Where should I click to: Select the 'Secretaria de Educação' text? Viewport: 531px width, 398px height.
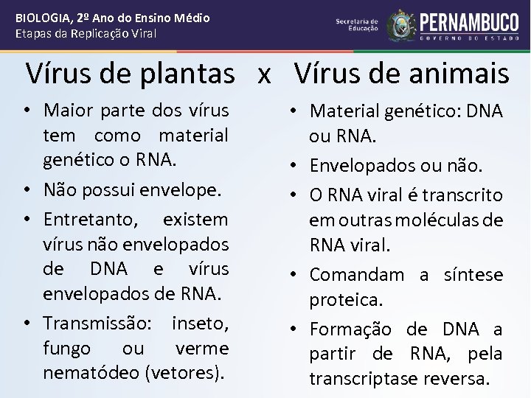[356, 25]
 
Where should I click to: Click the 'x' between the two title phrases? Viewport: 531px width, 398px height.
[264, 74]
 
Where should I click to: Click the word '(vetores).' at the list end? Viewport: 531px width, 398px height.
[186, 373]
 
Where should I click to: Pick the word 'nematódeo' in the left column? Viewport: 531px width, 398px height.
[89, 373]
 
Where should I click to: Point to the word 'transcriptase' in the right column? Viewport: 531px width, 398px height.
[368, 379]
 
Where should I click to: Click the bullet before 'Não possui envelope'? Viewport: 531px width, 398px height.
[27, 190]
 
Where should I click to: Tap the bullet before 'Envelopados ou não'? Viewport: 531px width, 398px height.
[293, 168]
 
